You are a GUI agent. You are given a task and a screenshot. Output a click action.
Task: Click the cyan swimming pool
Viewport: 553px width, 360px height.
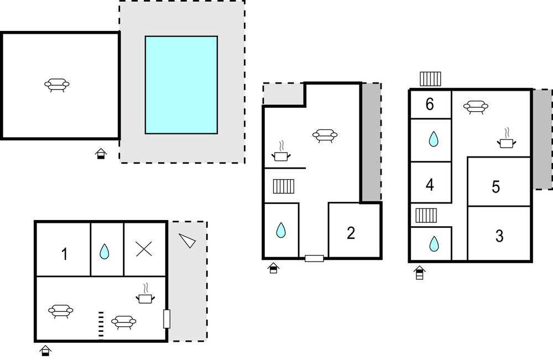pos(181,85)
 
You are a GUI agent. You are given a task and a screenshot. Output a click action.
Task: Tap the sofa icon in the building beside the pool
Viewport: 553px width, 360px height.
pos(57,85)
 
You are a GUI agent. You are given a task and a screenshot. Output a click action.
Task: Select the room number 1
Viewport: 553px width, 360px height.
pos(64,254)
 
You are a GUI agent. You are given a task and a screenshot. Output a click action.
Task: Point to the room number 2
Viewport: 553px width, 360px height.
pos(351,233)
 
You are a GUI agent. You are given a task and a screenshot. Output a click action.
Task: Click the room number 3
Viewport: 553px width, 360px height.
pos(499,236)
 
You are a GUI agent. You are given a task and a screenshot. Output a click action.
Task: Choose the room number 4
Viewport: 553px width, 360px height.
pos(430,185)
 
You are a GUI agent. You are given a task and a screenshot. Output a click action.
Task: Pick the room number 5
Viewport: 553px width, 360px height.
pos(496,187)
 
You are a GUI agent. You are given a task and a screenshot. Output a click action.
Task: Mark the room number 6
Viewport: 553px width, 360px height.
pos(430,104)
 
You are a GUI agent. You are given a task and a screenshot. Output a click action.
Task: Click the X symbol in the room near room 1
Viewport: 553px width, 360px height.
pos(144,250)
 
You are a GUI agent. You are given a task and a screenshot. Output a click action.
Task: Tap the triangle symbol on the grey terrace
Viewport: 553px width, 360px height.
pos(187,240)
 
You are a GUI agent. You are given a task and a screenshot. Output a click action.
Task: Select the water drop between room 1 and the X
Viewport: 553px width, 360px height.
pos(104,252)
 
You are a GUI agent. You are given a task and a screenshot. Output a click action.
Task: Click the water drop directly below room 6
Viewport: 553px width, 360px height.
pos(432,139)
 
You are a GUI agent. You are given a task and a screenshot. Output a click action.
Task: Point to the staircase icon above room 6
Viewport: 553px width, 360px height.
pos(430,79)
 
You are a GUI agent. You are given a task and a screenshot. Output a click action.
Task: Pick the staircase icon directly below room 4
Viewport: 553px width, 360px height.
pos(426,215)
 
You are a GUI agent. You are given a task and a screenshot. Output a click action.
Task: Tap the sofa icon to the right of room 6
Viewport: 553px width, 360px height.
pos(474,107)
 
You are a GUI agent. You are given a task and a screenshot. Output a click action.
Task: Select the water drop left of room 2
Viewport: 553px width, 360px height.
pos(281,230)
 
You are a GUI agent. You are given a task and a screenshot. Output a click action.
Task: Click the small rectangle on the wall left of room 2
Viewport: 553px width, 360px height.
pos(314,258)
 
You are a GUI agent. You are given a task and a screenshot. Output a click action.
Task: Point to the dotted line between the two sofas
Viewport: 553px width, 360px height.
pos(101,324)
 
